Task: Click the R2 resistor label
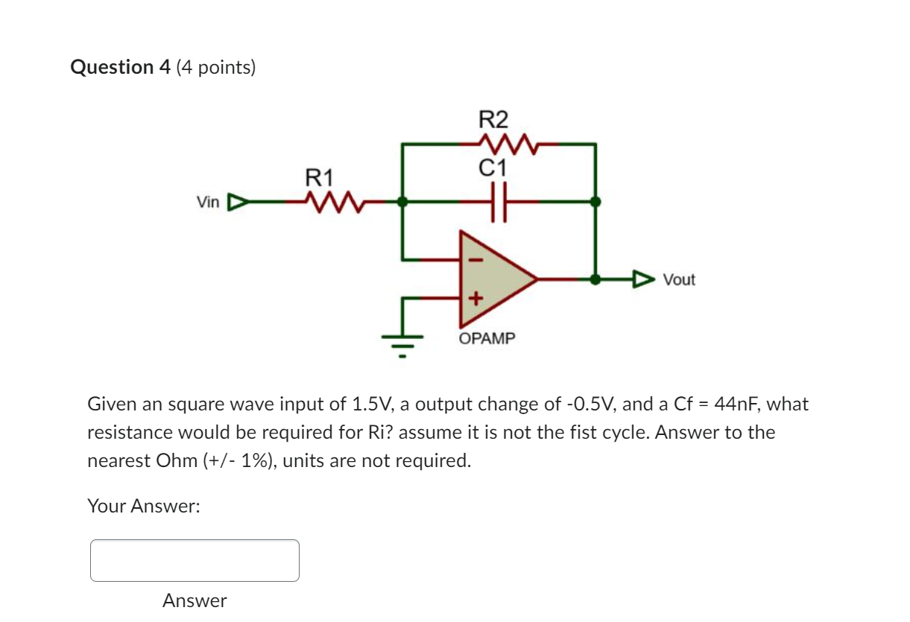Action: click(x=493, y=119)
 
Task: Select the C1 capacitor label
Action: click(x=493, y=168)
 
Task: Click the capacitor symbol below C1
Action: click(x=499, y=201)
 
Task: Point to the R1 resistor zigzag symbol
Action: click(x=333, y=201)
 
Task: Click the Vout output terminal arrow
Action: click(x=642, y=280)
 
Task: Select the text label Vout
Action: click(x=679, y=280)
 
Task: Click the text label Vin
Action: click(x=208, y=202)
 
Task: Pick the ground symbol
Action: click(x=402, y=343)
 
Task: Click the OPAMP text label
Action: click(x=487, y=339)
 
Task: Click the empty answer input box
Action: click(x=195, y=560)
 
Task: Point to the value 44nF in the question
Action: click(x=736, y=404)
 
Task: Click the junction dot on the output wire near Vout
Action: click(x=595, y=279)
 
